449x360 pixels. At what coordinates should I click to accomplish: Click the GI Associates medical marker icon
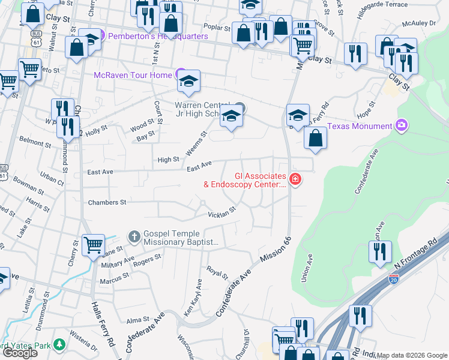[294, 179]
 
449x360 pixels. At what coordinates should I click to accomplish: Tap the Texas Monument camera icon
[402, 125]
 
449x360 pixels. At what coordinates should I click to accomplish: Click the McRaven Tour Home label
[133, 75]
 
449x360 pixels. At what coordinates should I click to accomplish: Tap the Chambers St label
[107, 202]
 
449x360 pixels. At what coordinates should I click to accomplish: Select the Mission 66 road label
[275, 249]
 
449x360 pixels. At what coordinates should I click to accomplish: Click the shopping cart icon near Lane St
[93, 245]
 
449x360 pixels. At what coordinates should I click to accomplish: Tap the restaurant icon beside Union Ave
[380, 252]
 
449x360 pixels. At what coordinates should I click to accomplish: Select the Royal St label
[217, 272]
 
